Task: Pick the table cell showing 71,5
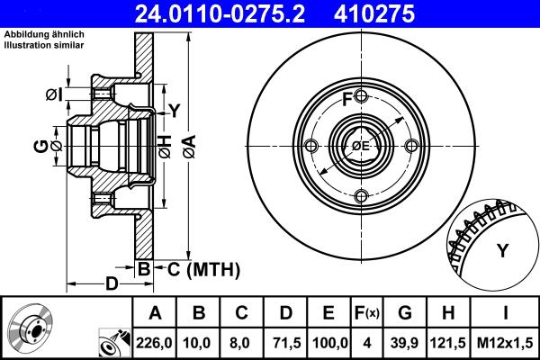[x=284, y=343]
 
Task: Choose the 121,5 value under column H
[x=448, y=343]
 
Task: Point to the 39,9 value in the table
[x=404, y=343]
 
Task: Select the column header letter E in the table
[x=328, y=314]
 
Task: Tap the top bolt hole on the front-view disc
[x=360, y=96]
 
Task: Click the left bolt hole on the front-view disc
[x=310, y=147]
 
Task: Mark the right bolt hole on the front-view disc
[x=410, y=147]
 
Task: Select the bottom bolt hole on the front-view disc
[x=360, y=196]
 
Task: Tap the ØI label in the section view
[x=53, y=93]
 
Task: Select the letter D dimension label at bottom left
[x=112, y=284]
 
